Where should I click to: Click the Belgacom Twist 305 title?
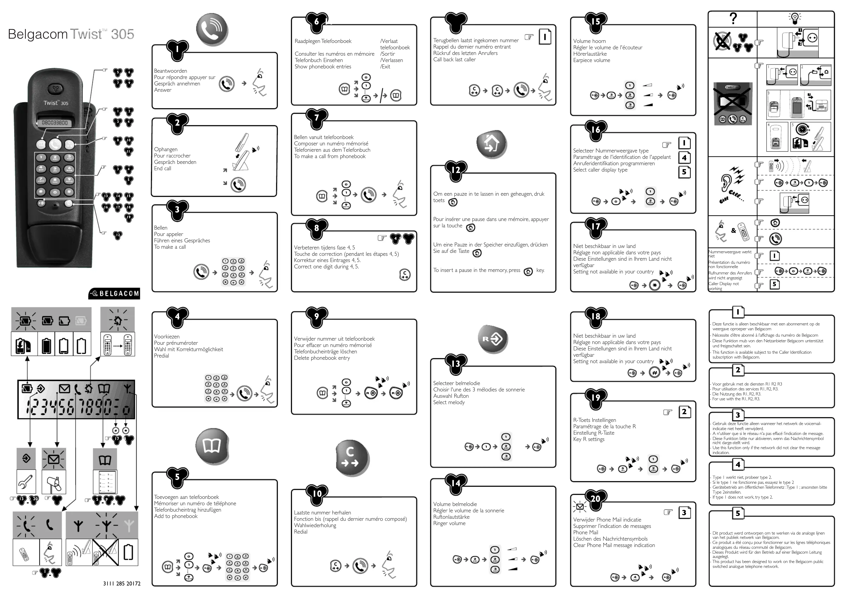[71, 34]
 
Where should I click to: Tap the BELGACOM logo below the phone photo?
[114, 293]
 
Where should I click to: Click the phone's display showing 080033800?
[55, 123]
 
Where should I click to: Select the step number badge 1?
[177, 49]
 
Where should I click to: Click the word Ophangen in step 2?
[165, 149]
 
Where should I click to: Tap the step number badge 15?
[595, 22]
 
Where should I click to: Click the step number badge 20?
[595, 498]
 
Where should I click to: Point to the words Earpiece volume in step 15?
[591, 60]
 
